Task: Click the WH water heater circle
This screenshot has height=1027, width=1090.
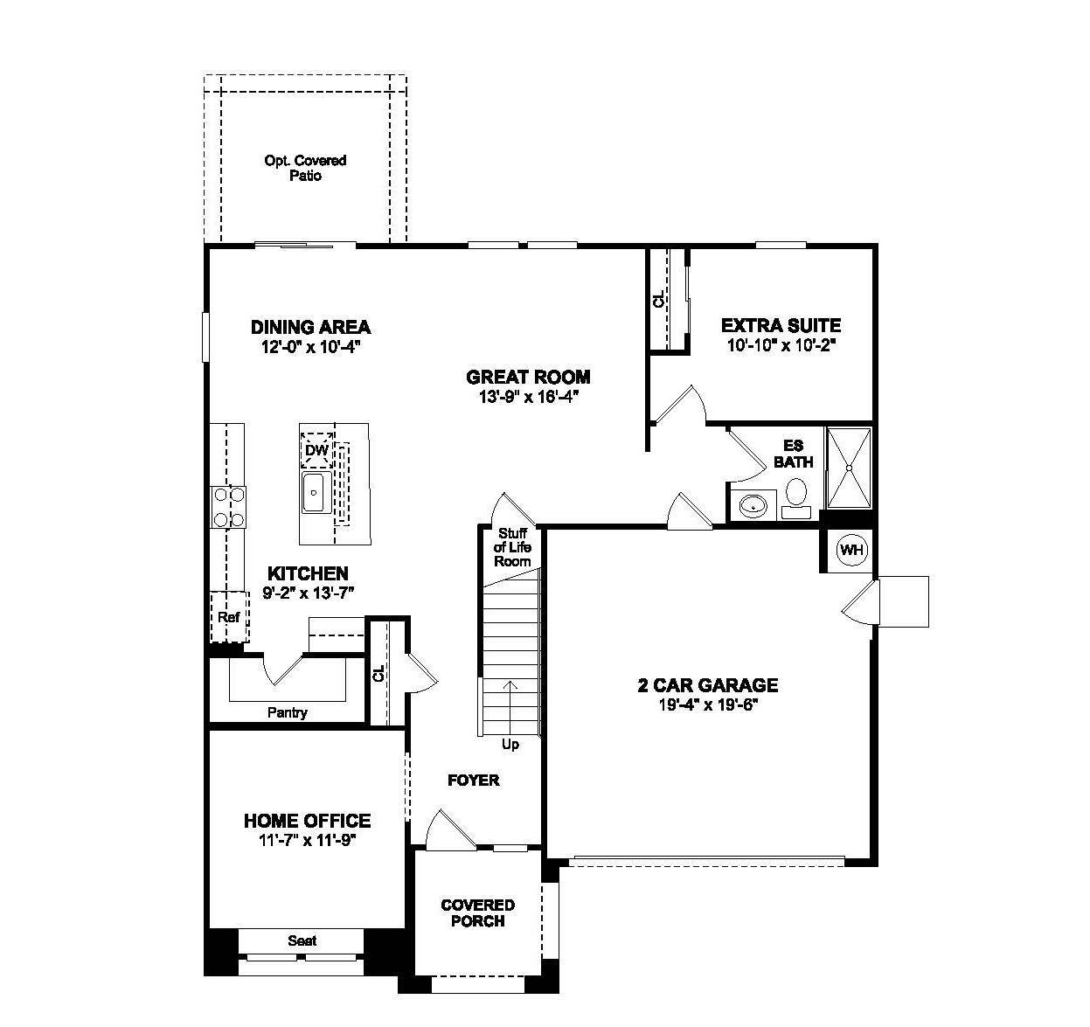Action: (x=850, y=550)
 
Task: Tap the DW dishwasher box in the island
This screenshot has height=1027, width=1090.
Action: (x=316, y=451)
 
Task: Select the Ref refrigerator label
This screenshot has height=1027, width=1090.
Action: (x=229, y=617)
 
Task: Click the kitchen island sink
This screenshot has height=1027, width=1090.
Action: (x=313, y=494)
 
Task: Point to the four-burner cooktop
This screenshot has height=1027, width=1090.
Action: (x=227, y=507)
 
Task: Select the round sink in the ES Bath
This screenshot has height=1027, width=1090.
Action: (x=752, y=505)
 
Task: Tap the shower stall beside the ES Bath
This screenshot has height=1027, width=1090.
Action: (x=849, y=468)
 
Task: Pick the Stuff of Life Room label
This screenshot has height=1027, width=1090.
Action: (x=512, y=547)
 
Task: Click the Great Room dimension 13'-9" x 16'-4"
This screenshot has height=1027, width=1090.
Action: (x=528, y=396)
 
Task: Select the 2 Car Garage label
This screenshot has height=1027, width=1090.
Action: (x=707, y=685)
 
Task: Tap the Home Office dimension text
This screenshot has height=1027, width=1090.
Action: (x=306, y=840)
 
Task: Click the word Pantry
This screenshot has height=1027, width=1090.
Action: (x=287, y=712)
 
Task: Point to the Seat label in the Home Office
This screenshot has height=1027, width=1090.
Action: (x=302, y=940)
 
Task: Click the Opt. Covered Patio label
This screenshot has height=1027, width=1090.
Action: (x=305, y=168)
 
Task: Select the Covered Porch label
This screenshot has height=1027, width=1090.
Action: (x=477, y=913)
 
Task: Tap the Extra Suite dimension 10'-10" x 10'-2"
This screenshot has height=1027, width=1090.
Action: (x=781, y=345)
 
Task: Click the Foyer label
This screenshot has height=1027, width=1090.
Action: (x=473, y=780)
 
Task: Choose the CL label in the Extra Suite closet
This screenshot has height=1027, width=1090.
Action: (x=659, y=301)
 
